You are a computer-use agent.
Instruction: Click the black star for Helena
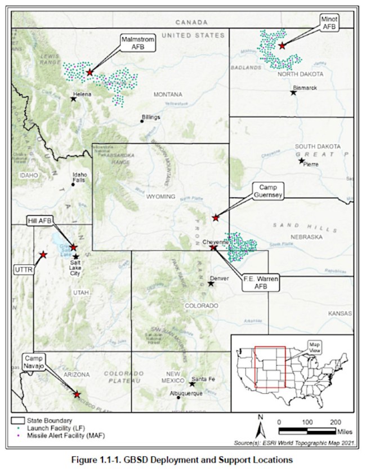(73, 99)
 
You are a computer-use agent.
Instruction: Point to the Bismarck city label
(305, 88)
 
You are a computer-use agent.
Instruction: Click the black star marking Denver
(211, 283)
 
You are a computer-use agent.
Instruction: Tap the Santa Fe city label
(203, 379)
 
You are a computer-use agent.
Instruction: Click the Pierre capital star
(302, 161)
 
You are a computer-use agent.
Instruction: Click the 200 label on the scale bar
(336, 421)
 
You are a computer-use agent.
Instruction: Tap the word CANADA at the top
(191, 23)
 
